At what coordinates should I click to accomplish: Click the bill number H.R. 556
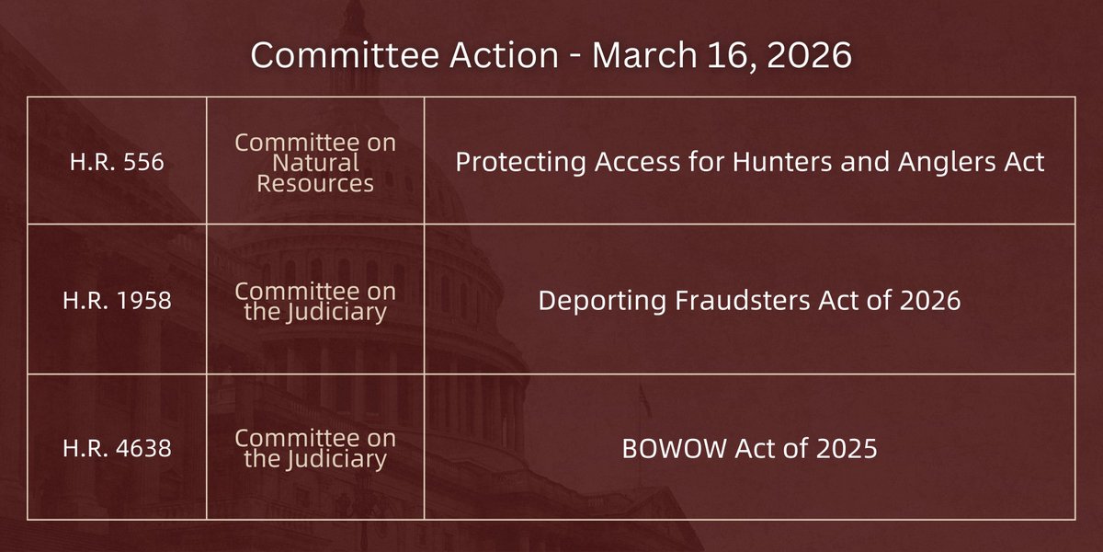[117, 163]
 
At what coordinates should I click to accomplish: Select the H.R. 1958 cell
[117, 301]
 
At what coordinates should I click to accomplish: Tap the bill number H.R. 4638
[117, 451]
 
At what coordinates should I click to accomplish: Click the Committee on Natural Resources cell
[315, 163]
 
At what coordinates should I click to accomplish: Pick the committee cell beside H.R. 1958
[315, 301]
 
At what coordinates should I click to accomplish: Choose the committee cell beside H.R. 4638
[315, 451]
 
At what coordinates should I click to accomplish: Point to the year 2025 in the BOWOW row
[843, 451]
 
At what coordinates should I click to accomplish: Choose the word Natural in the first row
[315, 163]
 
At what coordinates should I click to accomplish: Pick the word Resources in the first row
[315, 182]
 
